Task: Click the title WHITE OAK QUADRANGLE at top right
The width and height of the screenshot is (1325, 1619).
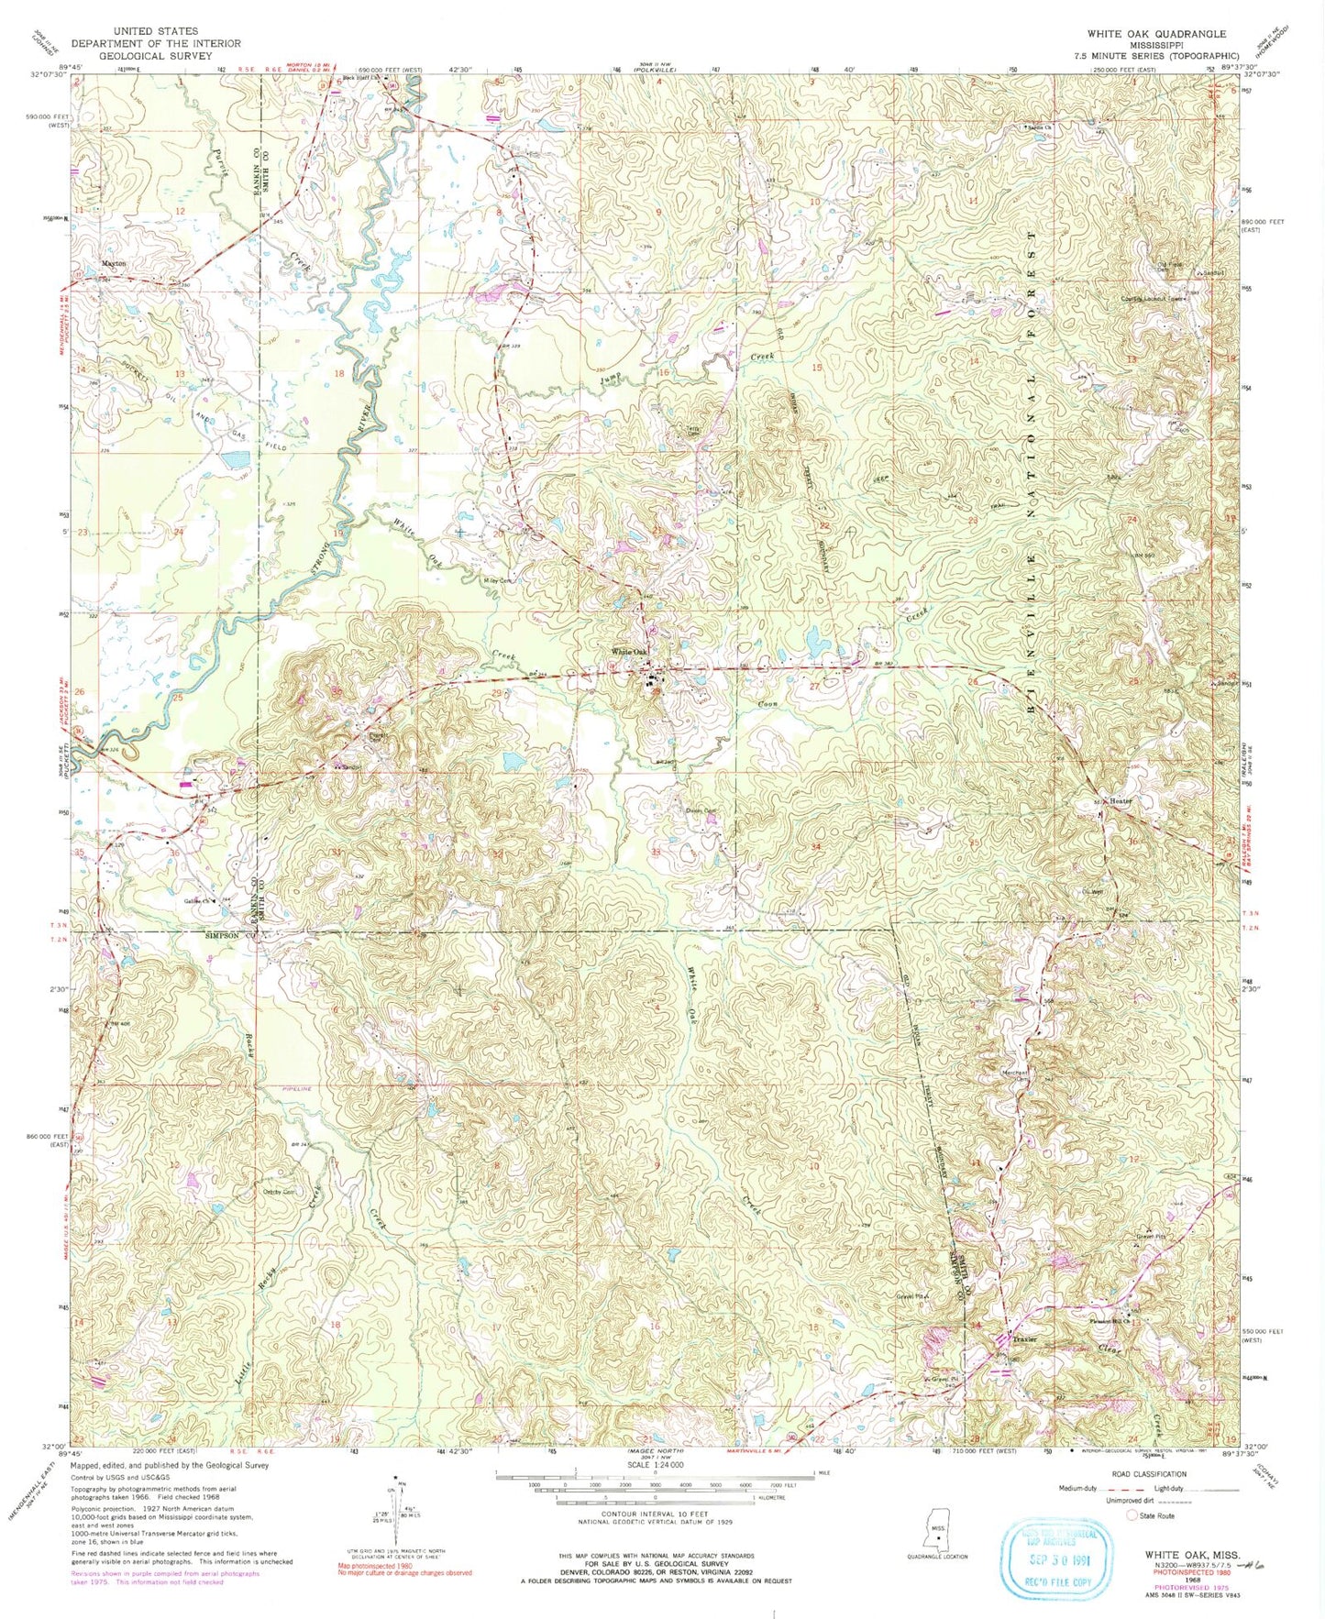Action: coord(1156,33)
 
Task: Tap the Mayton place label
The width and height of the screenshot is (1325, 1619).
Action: coord(114,264)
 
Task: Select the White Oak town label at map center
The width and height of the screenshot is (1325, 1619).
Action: coord(631,652)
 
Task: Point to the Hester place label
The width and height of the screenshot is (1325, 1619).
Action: coord(1121,801)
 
